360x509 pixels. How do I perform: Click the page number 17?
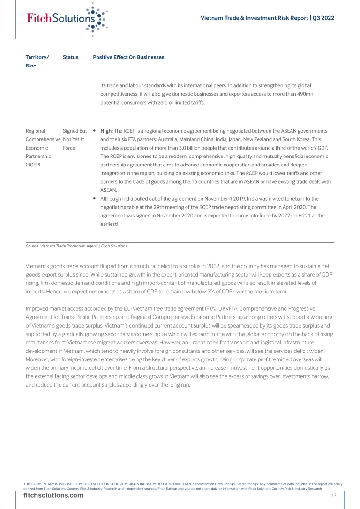[x=334, y=495]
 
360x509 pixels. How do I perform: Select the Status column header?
[x=70, y=57]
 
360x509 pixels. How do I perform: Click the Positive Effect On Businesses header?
[x=128, y=57]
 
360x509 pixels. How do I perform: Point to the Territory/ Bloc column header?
[x=37, y=61]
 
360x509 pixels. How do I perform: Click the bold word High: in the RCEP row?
[x=107, y=131]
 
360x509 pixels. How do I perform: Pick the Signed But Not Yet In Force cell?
[x=75, y=139]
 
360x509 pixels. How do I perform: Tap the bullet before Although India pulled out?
[x=95, y=199]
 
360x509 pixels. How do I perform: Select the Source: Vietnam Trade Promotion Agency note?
[x=76, y=246]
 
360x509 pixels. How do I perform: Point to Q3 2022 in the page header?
[x=323, y=18]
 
